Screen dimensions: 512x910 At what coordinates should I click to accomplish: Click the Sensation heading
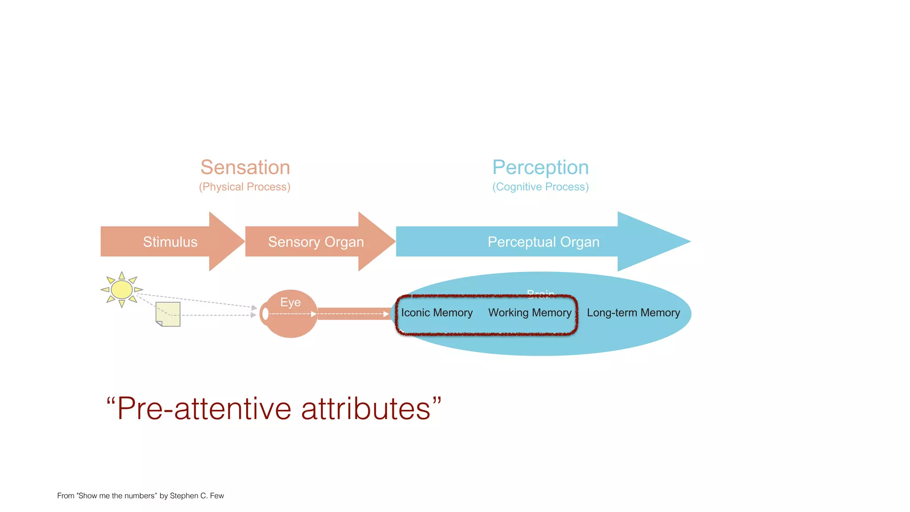pos(245,168)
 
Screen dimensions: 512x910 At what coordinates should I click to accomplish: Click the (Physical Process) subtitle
pos(244,187)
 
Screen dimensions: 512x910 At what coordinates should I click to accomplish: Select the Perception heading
pos(540,168)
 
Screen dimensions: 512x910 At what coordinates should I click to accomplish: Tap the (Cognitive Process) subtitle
pos(540,187)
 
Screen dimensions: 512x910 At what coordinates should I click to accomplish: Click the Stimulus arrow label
pos(170,242)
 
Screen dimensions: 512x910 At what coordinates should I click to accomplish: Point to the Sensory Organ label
pos(316,242)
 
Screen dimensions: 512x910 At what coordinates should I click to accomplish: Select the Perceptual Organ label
pos(543,242)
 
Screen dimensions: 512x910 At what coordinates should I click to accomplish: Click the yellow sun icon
pos(121,290)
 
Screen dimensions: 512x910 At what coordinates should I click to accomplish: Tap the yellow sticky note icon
pos(168,314)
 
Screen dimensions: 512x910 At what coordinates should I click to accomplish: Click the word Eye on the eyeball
pos(290,302)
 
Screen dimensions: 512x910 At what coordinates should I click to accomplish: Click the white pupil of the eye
pos(266,314)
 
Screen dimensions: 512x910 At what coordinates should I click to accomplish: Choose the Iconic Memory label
pos(437,313)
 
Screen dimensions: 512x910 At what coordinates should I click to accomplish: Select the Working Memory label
pos(530,313)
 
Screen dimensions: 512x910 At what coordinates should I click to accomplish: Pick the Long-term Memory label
pos(633,313)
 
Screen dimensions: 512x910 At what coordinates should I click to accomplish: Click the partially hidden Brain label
pos(540,293)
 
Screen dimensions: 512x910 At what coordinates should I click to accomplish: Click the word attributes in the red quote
pos(366,408)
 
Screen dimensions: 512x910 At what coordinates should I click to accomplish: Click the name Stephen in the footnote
pos(184,496)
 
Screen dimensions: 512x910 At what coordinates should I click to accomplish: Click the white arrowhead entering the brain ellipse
pos(386,314)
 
